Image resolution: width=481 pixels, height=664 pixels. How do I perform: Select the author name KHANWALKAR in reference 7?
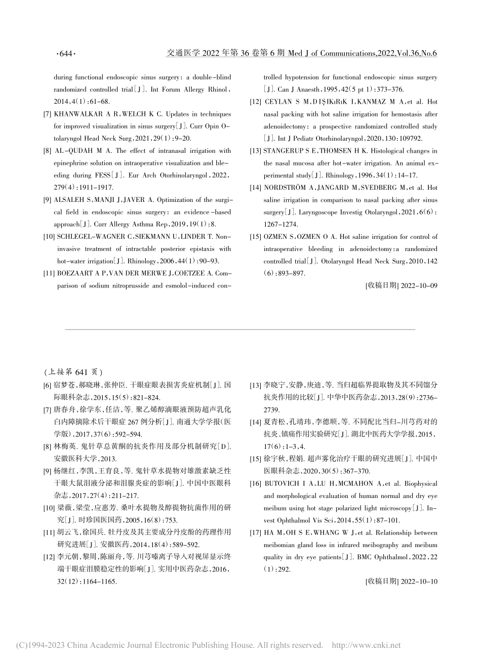84,114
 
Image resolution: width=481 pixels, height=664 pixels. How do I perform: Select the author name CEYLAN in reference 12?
278,102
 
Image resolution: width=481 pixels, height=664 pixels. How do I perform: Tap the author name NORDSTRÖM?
286,188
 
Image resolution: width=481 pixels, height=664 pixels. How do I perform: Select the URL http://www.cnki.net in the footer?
366,645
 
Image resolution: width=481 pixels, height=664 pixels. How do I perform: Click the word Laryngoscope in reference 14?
302,213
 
